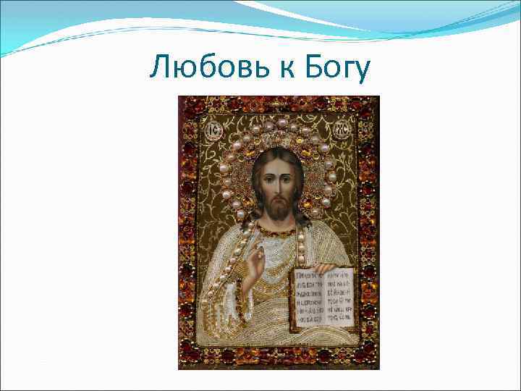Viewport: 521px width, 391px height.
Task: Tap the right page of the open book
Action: pos(339,297)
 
